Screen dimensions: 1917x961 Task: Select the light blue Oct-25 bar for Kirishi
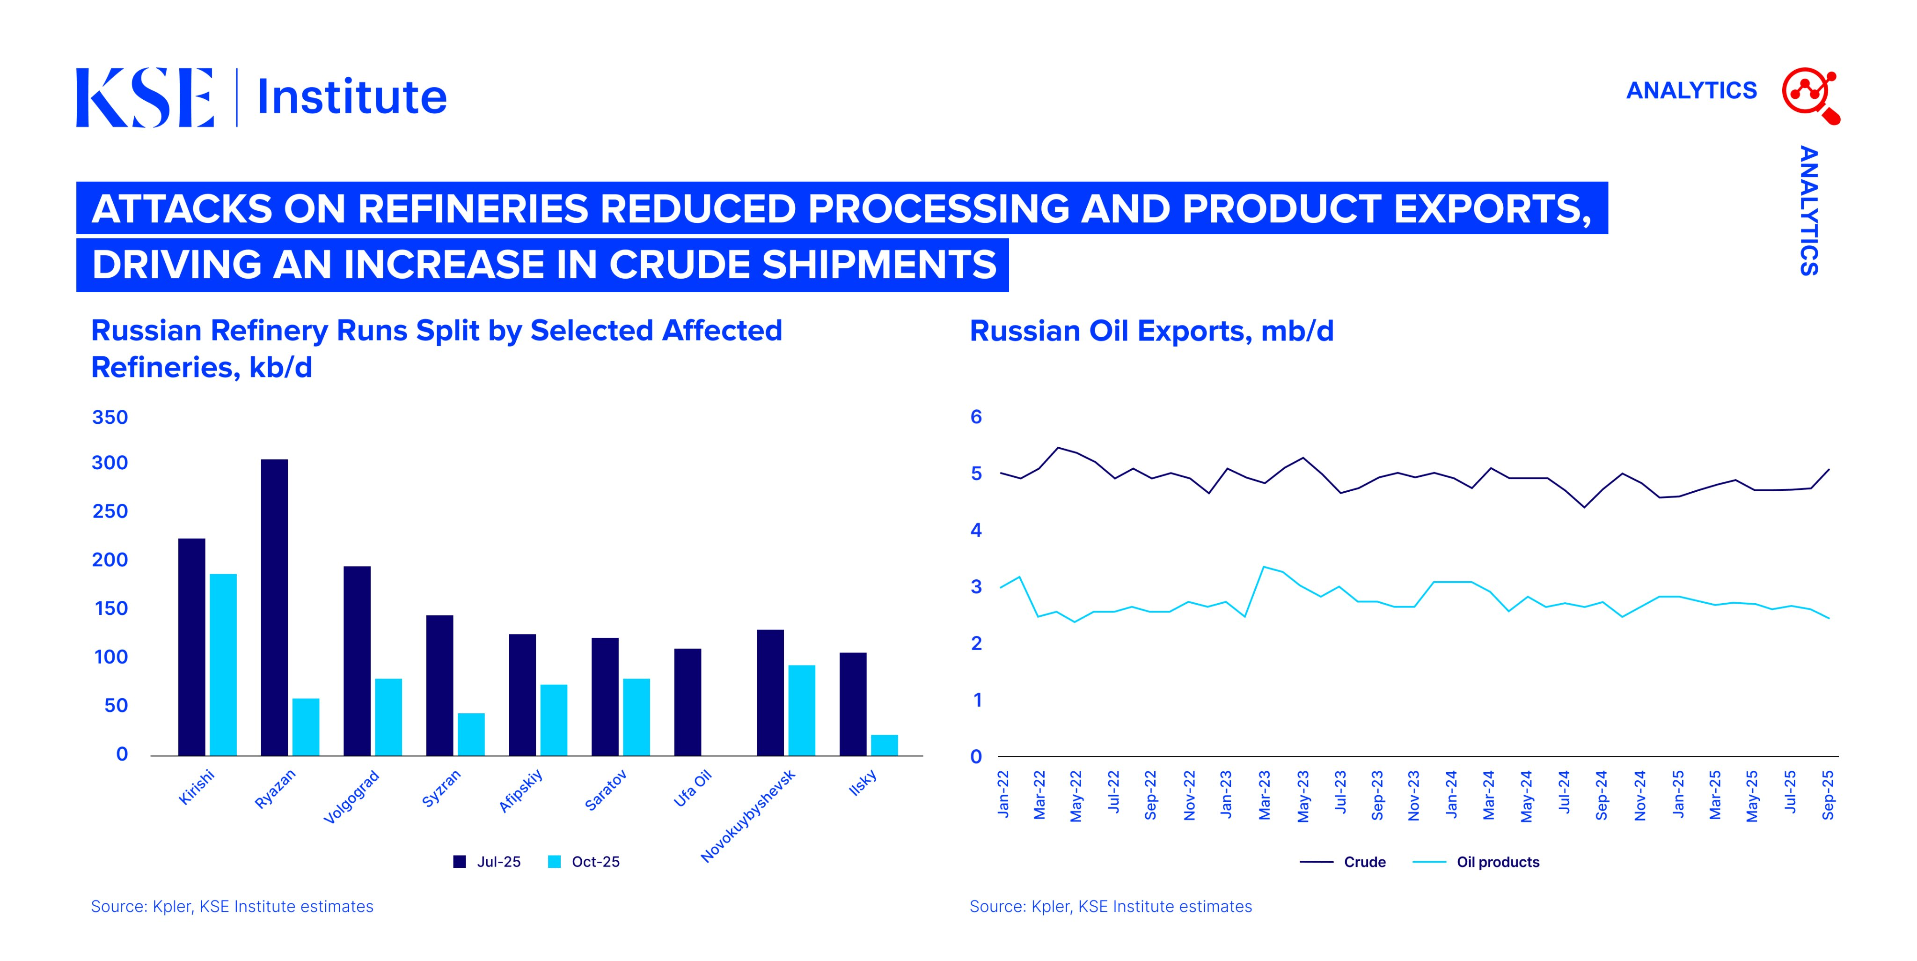tap(223, 665)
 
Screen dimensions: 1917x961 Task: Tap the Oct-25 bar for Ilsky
tap(884, 745)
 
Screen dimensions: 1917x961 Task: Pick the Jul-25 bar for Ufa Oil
tap(688, 702)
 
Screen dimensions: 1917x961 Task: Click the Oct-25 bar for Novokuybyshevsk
tap(801, 710)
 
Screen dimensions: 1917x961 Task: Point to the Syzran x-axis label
tap(441, 788)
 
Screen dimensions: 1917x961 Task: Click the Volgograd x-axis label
tap(351, 797)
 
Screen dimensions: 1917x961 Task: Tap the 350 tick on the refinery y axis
tap(110, 417)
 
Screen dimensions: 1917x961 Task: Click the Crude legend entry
tap(1342, 862)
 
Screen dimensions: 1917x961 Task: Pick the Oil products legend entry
tap(1476, 862)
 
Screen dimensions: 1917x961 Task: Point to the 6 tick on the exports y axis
tap(976, 417)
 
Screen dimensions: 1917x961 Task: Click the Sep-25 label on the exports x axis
tap(1828, 795)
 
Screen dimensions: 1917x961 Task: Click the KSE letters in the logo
tap(145, 97)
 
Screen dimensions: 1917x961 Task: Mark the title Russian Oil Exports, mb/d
tap(1151, 331)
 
